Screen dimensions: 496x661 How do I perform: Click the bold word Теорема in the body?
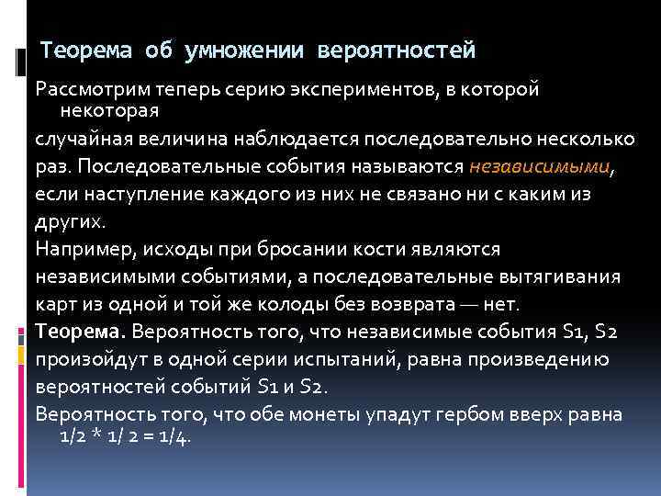(x=81, y=332)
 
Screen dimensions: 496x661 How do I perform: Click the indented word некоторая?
(x=109, y=110)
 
